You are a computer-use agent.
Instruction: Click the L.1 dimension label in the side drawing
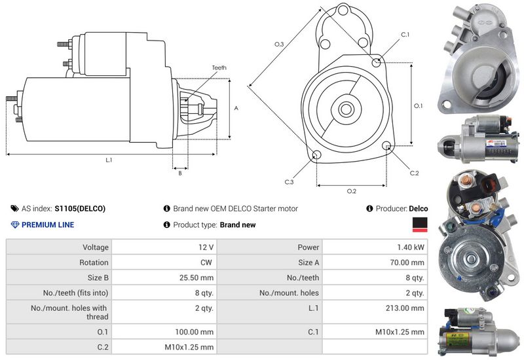coord(109,160)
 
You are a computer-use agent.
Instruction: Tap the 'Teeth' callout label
coord(219,67)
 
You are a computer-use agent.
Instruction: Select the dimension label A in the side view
coord(236,109)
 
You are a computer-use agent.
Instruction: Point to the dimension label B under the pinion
coord(179,173)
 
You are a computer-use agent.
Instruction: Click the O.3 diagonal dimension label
coord(279,44)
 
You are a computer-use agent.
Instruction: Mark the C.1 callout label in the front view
coord(405,34)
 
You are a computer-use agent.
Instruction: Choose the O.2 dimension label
coord(352,191)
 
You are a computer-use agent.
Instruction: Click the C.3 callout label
coord(289,181)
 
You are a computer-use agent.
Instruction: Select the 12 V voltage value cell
coord(206,247)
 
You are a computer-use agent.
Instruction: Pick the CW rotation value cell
coord(206,262)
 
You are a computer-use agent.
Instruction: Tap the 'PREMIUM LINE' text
coord(48,225)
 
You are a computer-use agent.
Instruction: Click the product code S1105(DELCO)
coord(80,209)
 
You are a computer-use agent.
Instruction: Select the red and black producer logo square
coord(420,226)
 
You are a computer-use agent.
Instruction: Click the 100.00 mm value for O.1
coord(196,332)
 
